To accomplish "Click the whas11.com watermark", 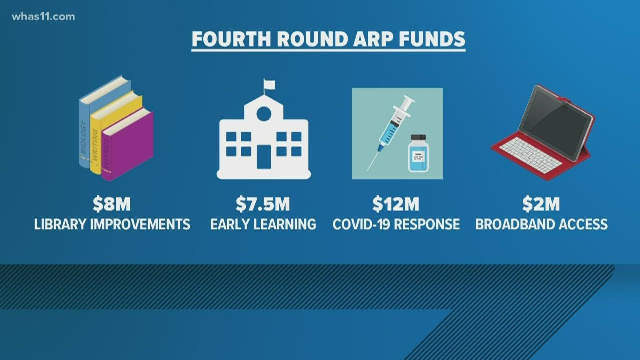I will [44, 17].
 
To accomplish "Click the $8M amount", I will [112, 204].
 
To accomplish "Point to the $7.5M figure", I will [263, 204].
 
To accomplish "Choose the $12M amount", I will [396, 204].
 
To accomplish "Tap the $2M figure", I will [541, 204].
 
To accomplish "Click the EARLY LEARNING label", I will [263, 224].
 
